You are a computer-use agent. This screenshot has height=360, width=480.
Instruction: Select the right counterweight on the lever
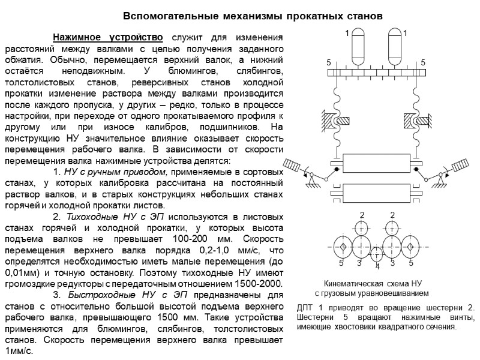458,164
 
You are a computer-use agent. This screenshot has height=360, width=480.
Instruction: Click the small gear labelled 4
376,253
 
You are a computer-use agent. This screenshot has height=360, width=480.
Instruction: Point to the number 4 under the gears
377,266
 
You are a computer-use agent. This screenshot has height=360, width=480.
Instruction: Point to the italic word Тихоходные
88,217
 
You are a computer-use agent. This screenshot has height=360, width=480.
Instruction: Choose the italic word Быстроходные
94,295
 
